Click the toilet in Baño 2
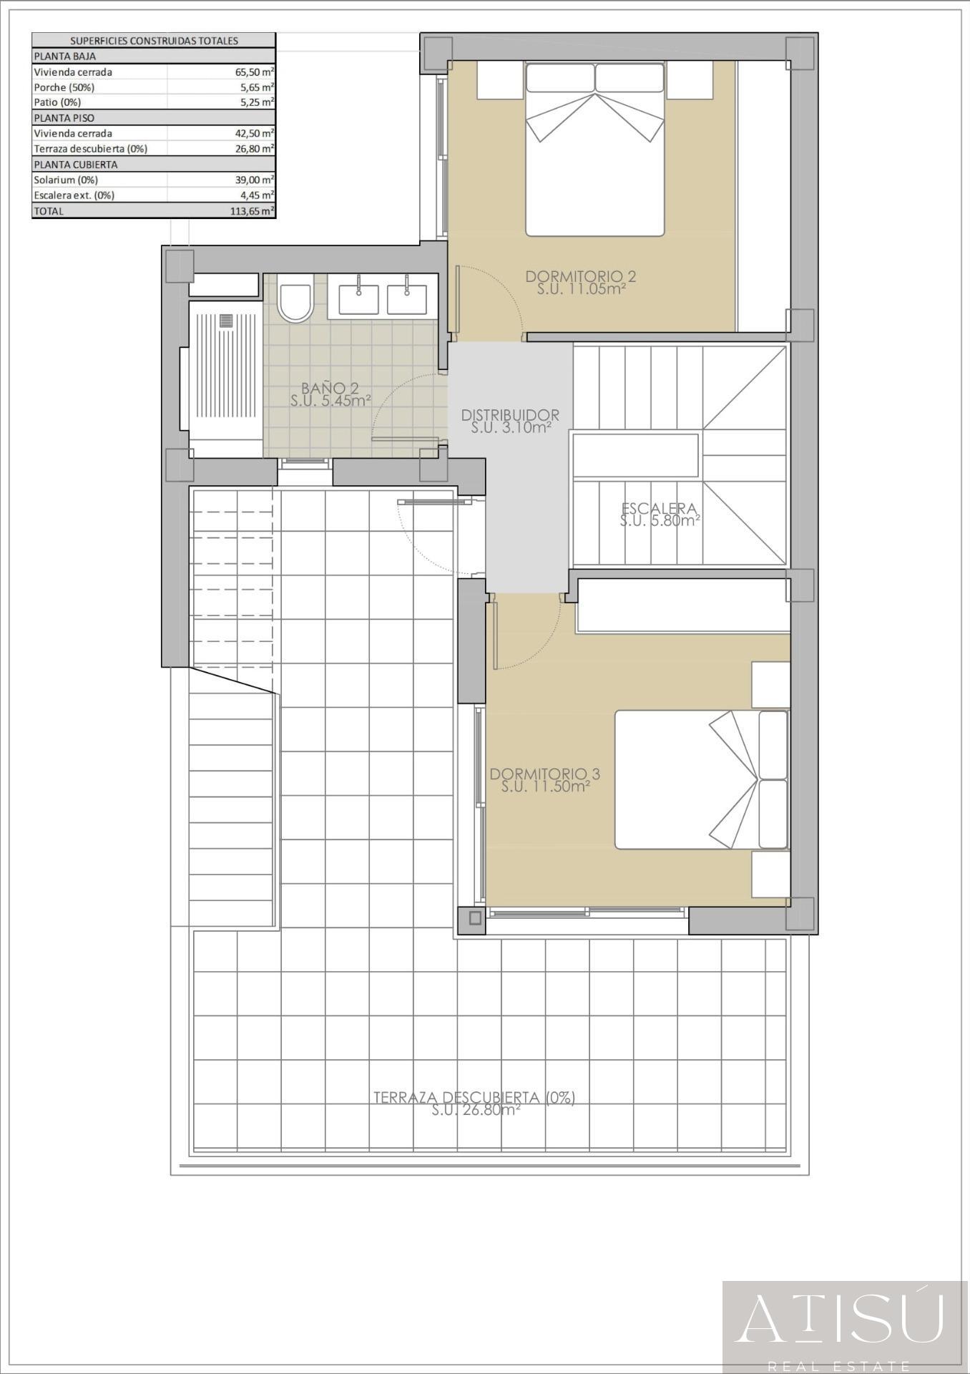click(x=295, y=300)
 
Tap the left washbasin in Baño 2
click(x=358, y=296)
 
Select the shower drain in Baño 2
click(x=227, y=321)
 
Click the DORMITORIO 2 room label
click(x=581, y=276)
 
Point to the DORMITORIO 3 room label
click(x=545, y=774)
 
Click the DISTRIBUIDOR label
click(x=510, y=414)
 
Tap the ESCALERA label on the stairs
click(x=659, y=508)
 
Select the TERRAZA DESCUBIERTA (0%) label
click(x=474, y=1097)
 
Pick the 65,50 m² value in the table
click(x=255, y=72)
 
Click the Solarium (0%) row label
click(x=66, y=180)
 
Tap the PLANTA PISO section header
click(x=64, y=118)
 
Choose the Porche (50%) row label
click(x=64, y=87)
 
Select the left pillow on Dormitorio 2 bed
click(x=560, y=77)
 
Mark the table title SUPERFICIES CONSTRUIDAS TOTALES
click(x=154, y=41)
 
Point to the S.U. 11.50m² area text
click(x=545, y=786)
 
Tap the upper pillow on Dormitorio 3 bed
click(x=773, y=745)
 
